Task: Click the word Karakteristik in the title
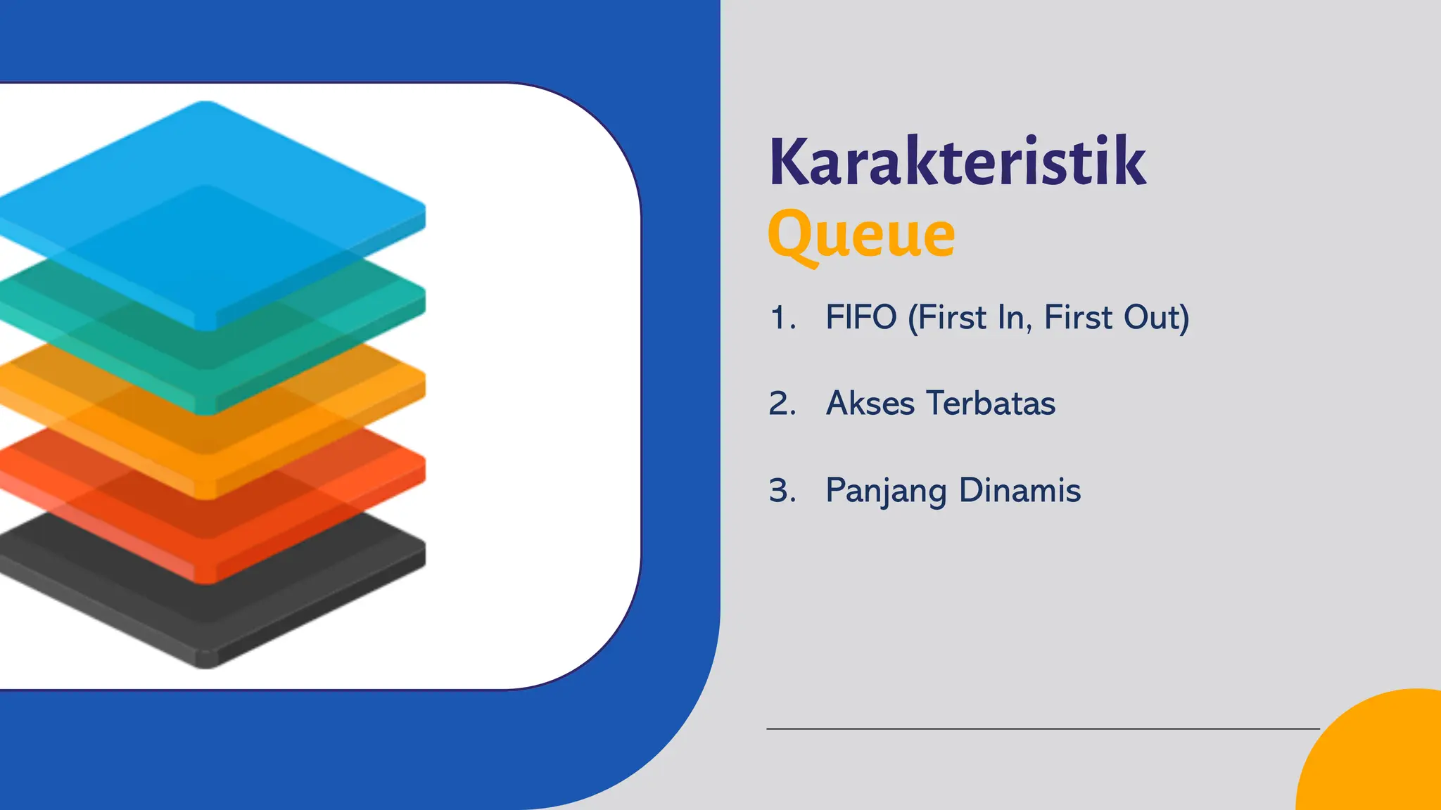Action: tap(958, 162)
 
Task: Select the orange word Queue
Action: tap(861, 234)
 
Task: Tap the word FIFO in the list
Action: tap(861, 317)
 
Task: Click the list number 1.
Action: tap(782, 318)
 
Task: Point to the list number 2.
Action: tap(782, 404)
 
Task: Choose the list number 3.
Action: tap(782, 491)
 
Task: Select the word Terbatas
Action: tap(991, 404)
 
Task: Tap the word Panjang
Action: tap(886, 491)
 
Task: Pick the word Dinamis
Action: tap(1020, 490)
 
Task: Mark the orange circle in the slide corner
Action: tap(1379, 759)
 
